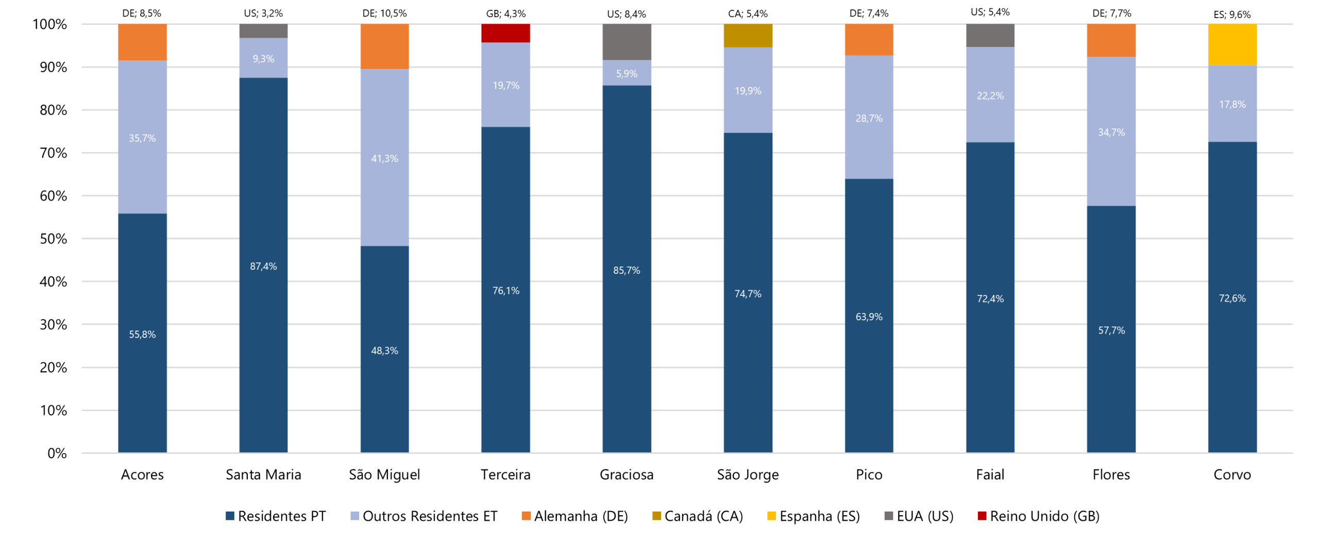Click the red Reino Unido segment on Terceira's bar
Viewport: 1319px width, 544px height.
[x=505, y=33]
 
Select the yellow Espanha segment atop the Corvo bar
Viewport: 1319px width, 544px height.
[x=1231, y=44]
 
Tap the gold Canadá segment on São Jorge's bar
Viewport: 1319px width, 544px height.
[x=747, y=36]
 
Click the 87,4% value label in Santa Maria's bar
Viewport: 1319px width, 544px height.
[x=263, y=266]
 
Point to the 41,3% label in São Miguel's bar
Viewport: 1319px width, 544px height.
[x=384, y=158]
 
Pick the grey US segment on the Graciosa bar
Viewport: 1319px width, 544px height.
[x=626, y=42]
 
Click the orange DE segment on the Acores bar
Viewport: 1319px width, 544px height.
[x=142, y=42]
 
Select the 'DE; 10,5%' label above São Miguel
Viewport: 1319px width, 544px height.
[x=384, y=13]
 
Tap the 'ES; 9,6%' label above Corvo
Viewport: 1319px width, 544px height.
[x=1231, y=14]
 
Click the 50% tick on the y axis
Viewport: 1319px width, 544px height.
[x=53, y=239]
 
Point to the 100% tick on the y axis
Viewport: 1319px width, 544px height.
[x=50, y=24]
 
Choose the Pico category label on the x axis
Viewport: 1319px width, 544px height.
[x=869, y=474]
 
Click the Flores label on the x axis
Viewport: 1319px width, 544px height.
[x=1111, y=474]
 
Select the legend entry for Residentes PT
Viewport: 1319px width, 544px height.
[x=276, y=516]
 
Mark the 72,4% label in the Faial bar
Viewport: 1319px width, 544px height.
[x=990, y=299]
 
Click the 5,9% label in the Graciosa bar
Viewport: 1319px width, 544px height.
[x=626, y=74]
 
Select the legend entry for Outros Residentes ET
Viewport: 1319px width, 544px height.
[x=424, y=516]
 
